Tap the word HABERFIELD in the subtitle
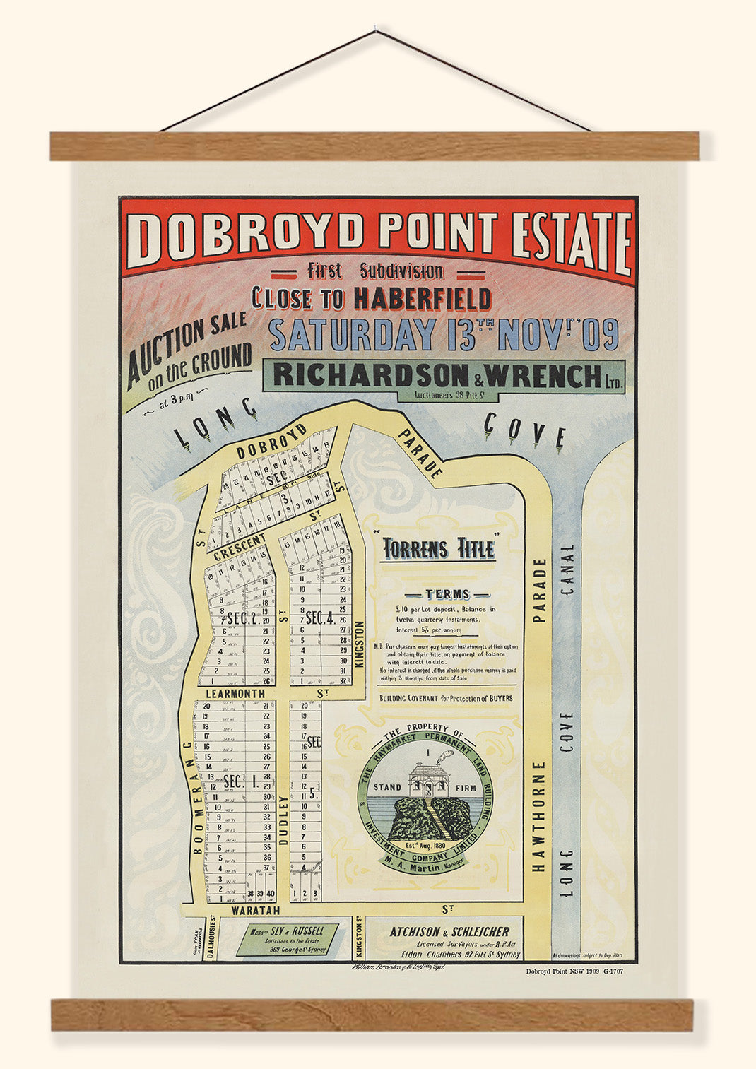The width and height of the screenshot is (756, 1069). pyautogui.click(x=422, y=298)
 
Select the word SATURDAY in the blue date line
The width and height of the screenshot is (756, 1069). pyautogui.click(x=353, y=334)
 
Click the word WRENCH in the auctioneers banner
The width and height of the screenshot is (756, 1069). pyautogui.click(x=543, y=375)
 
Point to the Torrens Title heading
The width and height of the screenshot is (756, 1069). pyautogui.click(x=438, y=549)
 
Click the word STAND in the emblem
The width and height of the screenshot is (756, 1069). pyautogui.click(x=387, y=787)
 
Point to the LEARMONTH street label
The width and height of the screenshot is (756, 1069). pyautogui.click(x=236, y=694)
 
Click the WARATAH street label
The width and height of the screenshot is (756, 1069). pyautogui.click(x=256, y=911)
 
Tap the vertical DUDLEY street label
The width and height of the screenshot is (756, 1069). pyautogui.click(x=283, y=820)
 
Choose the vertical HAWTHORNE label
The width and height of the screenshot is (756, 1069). pyautogui.click(x=540, y=815)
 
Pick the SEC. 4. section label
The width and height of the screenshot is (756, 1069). pyautogui.click(x=320, y=618)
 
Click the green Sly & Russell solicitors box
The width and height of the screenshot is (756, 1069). pyautogui.click(x=287, y=939)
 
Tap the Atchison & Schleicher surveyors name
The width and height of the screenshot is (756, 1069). pyautogui.click(x=449, y=932)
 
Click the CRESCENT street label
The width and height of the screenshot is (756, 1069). pyautogui.click(x=240, y=548)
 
